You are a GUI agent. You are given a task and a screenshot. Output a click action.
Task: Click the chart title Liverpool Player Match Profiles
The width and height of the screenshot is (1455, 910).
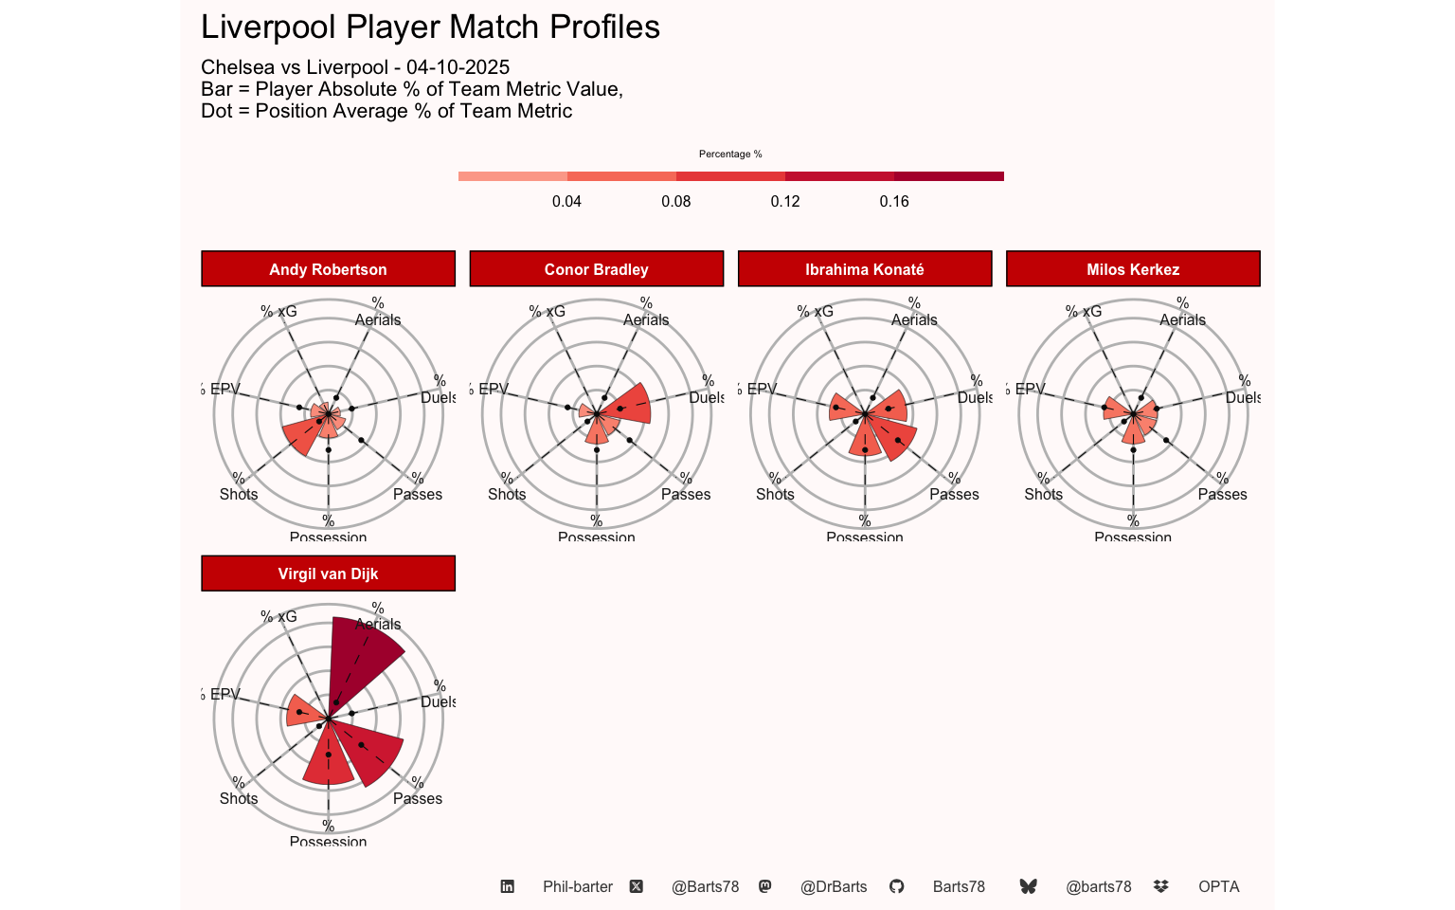click(430, 27)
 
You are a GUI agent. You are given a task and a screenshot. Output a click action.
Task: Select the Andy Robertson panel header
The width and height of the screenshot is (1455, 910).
click(328, 269)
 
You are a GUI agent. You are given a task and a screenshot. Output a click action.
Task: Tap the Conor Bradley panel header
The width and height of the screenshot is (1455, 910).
click(596, 269)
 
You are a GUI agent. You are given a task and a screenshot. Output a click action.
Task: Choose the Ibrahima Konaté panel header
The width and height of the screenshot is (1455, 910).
click(864, 269)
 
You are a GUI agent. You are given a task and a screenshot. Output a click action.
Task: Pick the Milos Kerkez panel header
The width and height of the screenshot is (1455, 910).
click(1133, 269)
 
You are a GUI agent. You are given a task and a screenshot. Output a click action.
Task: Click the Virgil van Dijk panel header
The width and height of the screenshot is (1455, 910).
click(328, 573)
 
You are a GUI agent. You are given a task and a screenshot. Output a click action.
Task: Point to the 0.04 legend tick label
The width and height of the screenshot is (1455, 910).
click(566, 201)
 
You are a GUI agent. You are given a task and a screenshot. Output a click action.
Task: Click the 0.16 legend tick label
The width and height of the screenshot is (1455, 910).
click(893, 201)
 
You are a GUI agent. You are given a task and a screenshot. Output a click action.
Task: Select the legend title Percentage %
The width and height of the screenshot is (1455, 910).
click(730, 154)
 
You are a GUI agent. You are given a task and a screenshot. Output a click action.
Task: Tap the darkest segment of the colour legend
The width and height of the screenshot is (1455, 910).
click(948, 176)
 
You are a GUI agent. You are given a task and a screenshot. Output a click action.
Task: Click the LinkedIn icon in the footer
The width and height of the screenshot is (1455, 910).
click(508, 886)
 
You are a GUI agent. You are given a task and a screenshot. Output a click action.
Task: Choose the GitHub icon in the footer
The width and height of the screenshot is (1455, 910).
click(896, 886)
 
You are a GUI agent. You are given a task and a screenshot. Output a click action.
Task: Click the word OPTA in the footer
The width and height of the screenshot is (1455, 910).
click(1218, 886)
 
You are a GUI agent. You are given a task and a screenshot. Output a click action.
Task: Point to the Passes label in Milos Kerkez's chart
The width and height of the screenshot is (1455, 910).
click(1222, 494)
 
